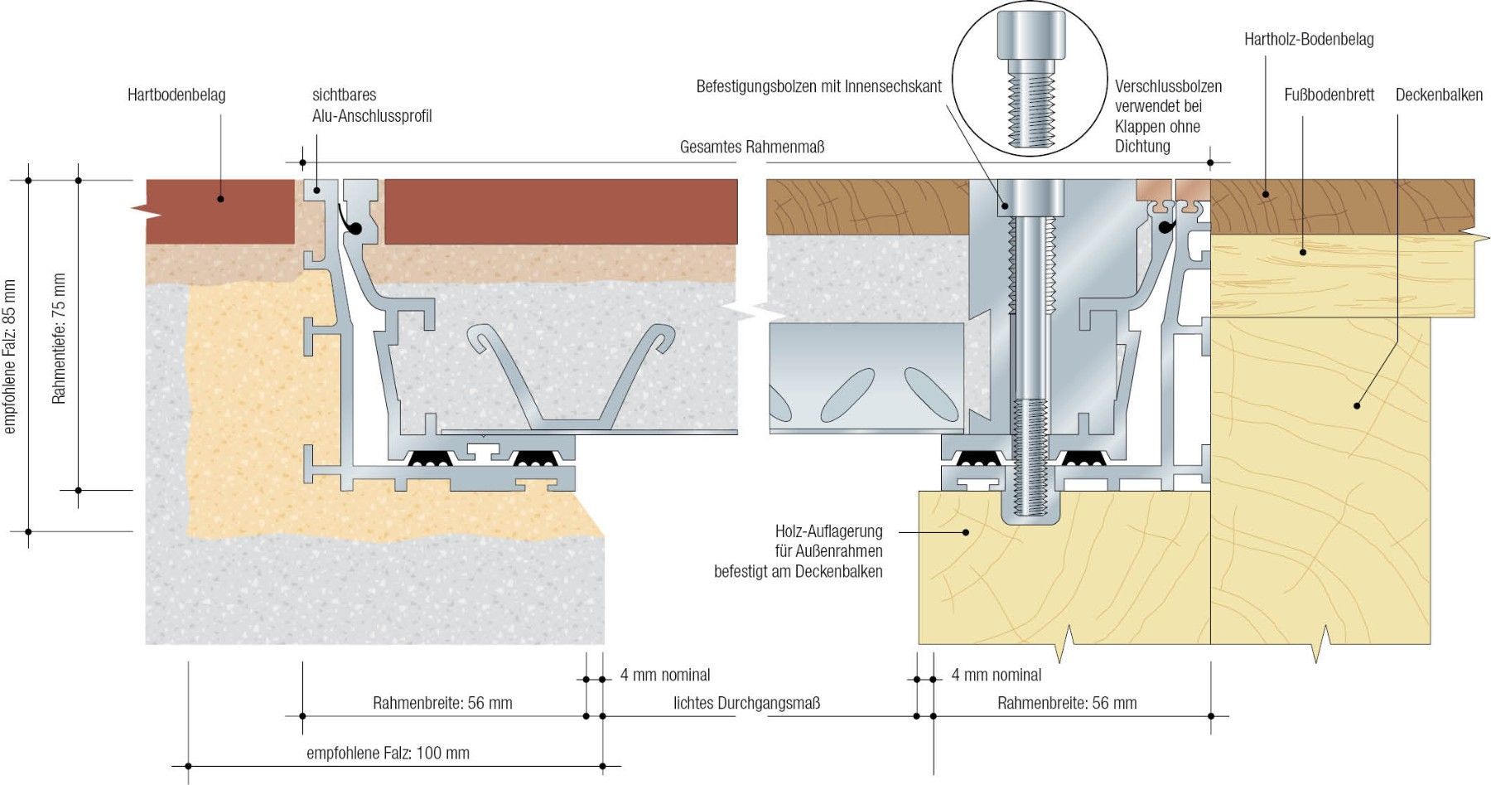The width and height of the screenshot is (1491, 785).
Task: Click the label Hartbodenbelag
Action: click(176, 95)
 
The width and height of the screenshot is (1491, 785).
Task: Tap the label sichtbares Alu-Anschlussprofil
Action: click(372, 105)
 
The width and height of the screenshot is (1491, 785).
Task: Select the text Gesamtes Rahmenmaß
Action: click(751, 148)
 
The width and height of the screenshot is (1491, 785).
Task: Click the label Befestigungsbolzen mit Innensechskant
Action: click(818, 86)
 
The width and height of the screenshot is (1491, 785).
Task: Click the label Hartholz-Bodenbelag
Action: click(1309, 39)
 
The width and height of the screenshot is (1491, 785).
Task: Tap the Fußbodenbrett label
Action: click(1329, 95)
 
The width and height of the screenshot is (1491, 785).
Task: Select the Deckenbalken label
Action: click(1439, 95)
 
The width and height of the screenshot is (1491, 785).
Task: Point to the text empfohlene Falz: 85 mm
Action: click(11, 356)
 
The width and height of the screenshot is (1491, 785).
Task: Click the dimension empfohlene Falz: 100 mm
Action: click(388, 753)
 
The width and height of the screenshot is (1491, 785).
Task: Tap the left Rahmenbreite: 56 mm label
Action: click(442, 703)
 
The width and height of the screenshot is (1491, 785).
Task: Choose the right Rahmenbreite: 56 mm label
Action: click(1067, 703)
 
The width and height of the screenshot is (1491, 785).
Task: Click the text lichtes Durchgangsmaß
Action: click(746, 703)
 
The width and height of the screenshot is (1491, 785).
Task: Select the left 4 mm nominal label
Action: click(665, 675)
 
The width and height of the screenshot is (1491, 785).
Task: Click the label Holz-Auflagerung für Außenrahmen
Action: click(799, 550)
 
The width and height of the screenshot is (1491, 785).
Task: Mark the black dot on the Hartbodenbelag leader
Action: click(220, 198)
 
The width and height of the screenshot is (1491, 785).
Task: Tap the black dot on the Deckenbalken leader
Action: click(1357, 405)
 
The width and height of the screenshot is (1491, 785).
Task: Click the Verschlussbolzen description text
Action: click(1168, 116)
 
